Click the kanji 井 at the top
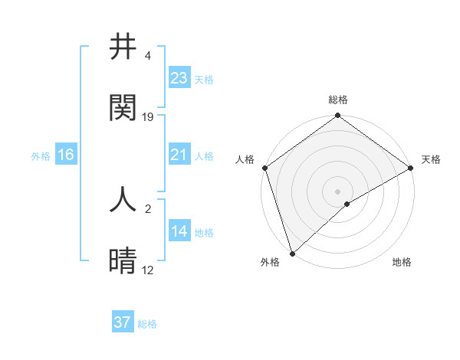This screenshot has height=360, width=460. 123,47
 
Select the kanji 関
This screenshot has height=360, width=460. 123,108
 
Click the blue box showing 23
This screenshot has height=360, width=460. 179,78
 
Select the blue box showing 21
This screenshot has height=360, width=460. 179,155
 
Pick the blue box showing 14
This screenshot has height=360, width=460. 179,232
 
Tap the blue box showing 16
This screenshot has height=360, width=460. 66,155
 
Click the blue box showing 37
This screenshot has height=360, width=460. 123,322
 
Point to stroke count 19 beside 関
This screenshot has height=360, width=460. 148,117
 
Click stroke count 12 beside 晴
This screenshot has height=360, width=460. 148,270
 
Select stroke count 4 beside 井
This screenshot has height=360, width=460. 148,56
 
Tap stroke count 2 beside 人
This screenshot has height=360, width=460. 148,208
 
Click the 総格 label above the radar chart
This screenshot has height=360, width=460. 338,100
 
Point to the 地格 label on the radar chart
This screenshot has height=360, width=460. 402,262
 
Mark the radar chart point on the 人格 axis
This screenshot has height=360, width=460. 264,168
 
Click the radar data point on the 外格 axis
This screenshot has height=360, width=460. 292,254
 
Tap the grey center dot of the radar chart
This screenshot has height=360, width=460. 338,191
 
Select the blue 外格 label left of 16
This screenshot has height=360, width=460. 41,156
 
